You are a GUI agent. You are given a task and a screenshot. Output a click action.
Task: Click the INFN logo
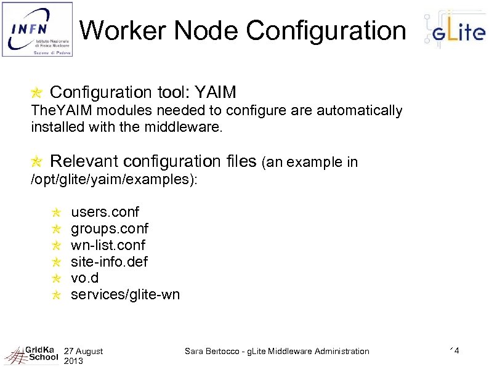pyautogui.click(x=37, y=29)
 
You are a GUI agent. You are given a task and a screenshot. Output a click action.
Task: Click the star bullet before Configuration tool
pyautogui.click(x=37, y=93)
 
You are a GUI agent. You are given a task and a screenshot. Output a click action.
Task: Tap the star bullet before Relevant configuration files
pyautogui.click(x=37, y=162)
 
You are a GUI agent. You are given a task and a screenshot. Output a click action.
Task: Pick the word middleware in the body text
pyautogui.click(x=180, y=128)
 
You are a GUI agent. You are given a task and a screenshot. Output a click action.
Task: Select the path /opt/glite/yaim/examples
pyautogui.click(x=114, y=179)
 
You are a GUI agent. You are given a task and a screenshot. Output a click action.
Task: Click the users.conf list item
pyautogui.click(x=105, y=212)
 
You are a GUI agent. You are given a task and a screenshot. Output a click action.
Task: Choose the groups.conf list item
pyautogui.click(x=110, y=229)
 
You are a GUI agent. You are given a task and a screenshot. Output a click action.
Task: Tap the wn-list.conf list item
pyautogui.click(x=108, y=246)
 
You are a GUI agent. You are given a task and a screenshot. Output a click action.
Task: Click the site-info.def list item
pyautogui.click(x=109, y=262)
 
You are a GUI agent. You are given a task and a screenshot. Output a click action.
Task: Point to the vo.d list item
pyautogui.click(x=84, y=278)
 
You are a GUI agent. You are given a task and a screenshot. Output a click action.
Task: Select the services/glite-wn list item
pyautogui.click(x=125, y=294)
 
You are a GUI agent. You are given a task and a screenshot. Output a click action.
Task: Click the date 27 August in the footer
pyautogui.click(x=83, y=351)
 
